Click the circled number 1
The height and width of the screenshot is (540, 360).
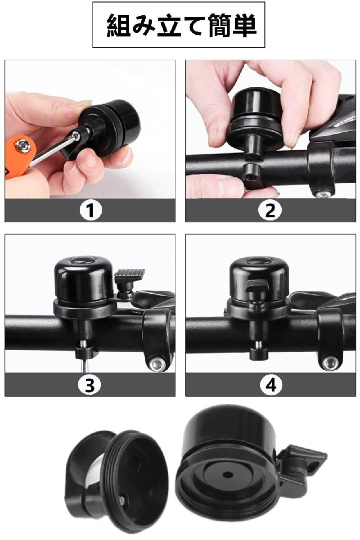point(90,210)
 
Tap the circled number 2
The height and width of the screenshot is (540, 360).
point(270,210)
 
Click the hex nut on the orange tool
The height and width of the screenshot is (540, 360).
point(23,146)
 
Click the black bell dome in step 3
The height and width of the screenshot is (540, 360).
point(84,277)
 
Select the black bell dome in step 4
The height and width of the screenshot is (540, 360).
point(259,277)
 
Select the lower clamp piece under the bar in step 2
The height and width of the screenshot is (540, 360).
point(254,175)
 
